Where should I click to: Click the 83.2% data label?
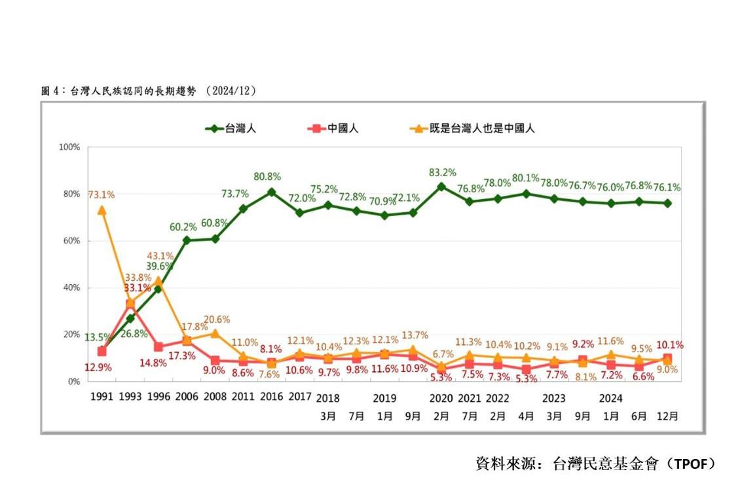pyautogui.click(x=441, y=173)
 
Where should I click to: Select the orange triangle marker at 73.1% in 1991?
pyautogui.click(x=102, y=210)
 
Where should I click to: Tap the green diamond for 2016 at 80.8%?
pyautogui.click(x=271, y=192)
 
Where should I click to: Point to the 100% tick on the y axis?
pyautogui.click(x=69, y=147)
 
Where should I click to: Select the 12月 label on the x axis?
pyautogui.click(x=667, y=416)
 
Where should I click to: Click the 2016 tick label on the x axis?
pyautogui.click(x=271, y=397)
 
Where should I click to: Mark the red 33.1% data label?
pyautogui.click(x=137, y=287)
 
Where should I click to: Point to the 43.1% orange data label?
pyautogui.click(x=159, y=255)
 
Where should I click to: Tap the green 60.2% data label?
pyautogui.click(x=184, y=227)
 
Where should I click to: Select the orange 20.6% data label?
pyautogui.click(x=216, y=320)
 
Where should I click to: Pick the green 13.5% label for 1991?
pyautogui.click(x=97, y=338)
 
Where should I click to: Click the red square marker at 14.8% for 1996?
pyautogui.click(x=158, y=347)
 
